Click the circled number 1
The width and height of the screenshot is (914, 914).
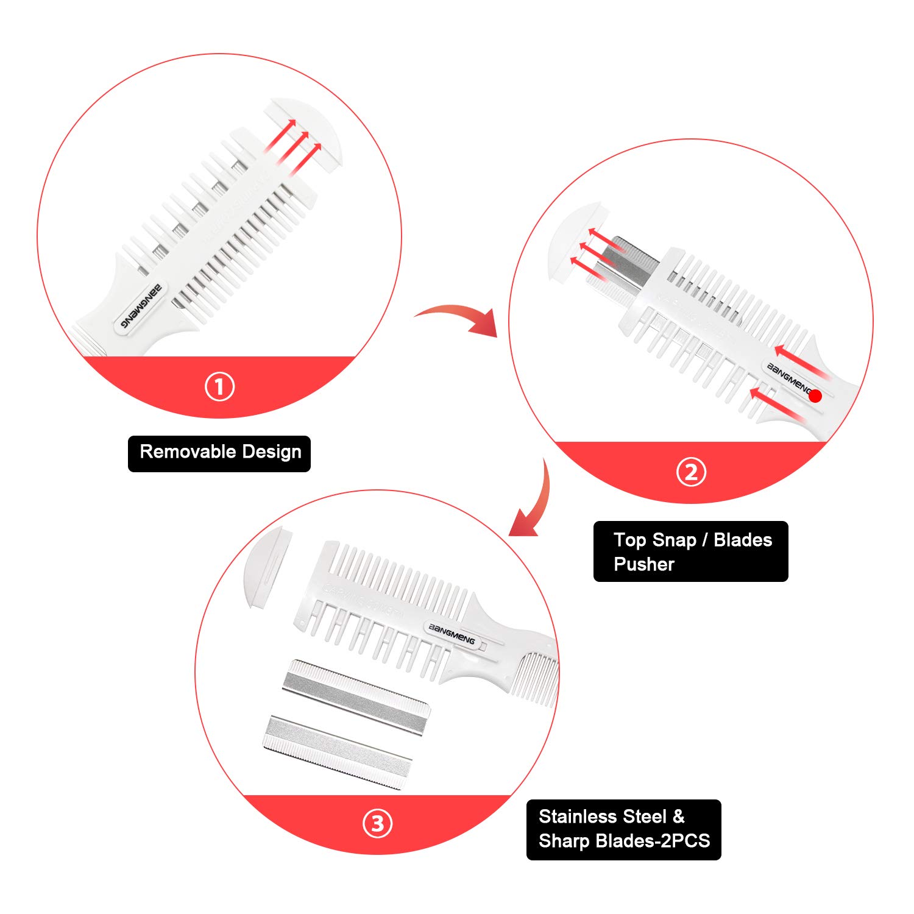(219, 387)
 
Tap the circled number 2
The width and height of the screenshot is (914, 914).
(691, 472)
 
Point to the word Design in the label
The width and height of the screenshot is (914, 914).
(272, 452)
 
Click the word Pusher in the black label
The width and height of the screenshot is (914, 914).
(643, 564)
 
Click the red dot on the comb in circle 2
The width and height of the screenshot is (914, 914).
(816, 396)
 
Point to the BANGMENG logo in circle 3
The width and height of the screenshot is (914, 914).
(452, 634)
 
